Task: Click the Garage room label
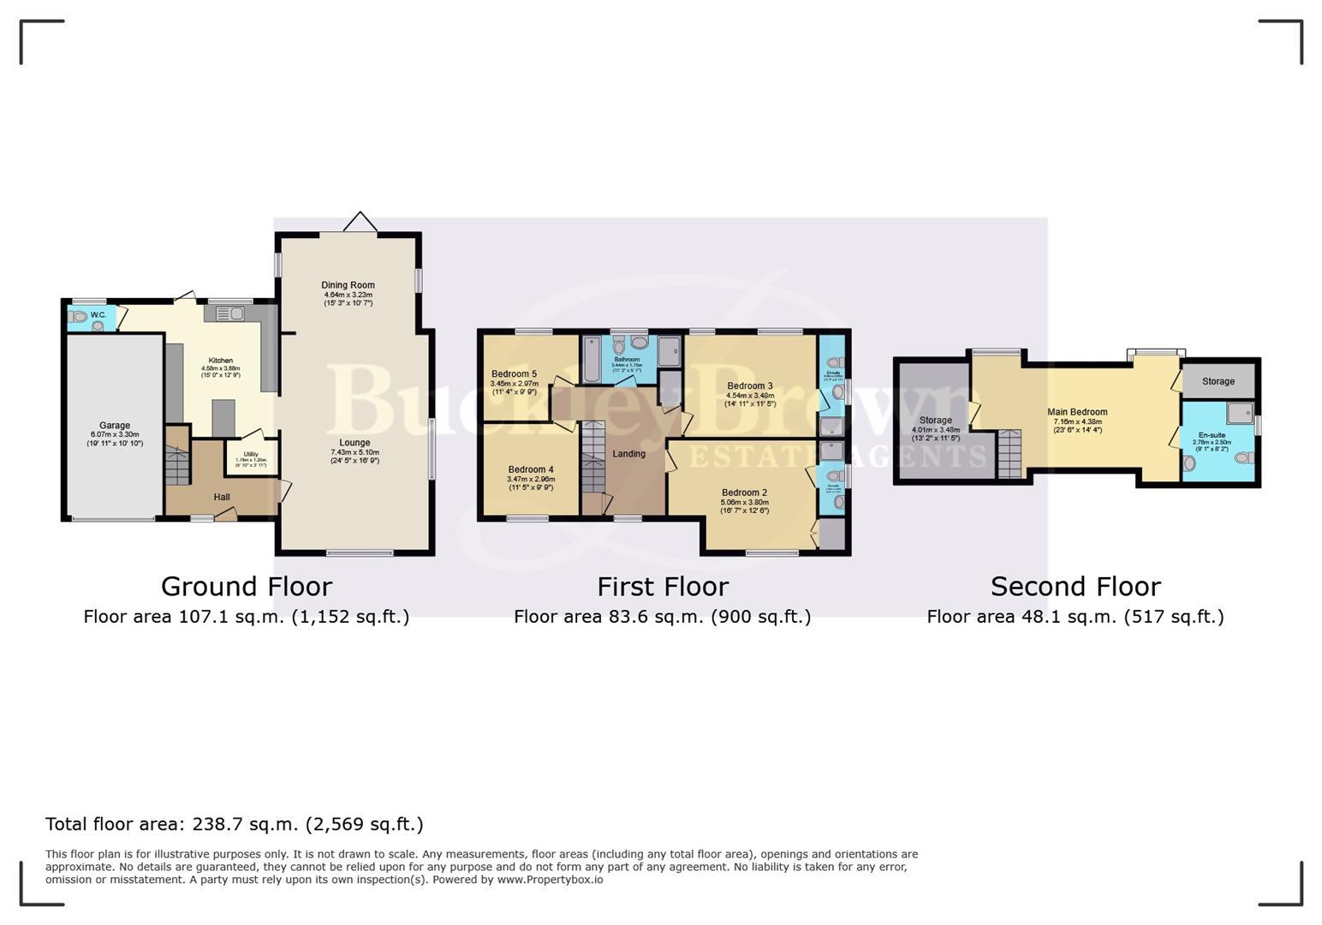click(115, 426)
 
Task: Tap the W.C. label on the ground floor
click(98, 315)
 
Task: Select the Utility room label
click(251, 454)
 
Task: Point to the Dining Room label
click(348, 285)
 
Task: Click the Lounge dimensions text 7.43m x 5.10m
click(354, 452)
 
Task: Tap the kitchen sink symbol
click(224, 314)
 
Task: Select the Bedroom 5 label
click(514, 374)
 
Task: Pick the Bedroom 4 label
click(530, 469)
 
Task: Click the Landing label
click(628, 454)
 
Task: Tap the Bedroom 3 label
click(749, 386)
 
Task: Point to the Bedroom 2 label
click(744, 492)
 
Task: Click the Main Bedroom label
click(1077, 412)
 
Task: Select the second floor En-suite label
click(1212, 435)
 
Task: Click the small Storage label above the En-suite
click(1218, 381)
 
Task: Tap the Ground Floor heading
click(247, 587)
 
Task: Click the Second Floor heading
click(1075, 587)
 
